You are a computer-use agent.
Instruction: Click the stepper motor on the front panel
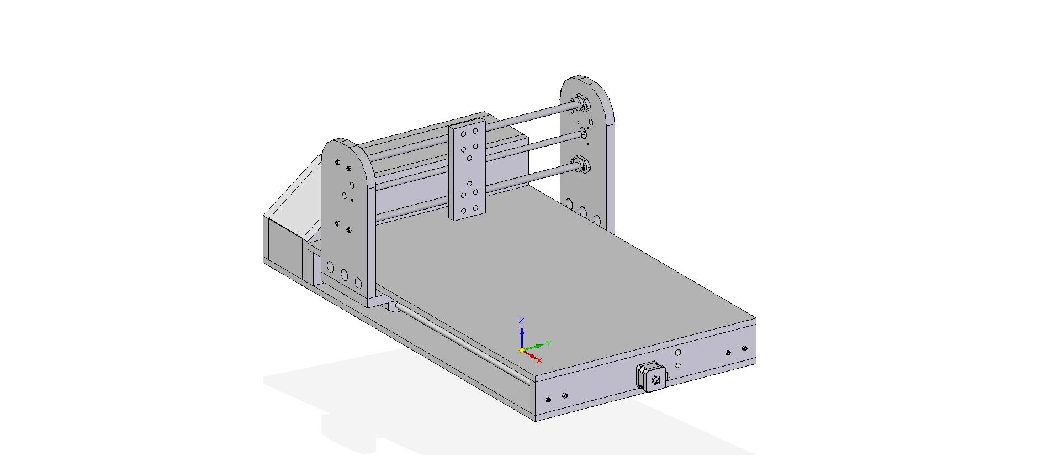click(652, 377)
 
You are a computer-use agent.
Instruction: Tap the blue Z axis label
click(521, 321)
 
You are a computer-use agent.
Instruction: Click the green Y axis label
click(548, 343)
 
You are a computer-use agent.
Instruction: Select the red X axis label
click(539, 360)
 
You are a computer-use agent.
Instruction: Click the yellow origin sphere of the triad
click(522, 351)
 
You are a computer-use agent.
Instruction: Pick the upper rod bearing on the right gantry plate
click(580, 102)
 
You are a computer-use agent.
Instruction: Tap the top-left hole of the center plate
click(463, 133)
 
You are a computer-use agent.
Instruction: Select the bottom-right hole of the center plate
click(475, 208)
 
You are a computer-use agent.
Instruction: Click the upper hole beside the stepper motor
click(678, 352)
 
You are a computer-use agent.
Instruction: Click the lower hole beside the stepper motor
click(678, 365)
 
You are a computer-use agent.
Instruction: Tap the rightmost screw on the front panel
click(744, 348)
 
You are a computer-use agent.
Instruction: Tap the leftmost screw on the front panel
click(548, 399)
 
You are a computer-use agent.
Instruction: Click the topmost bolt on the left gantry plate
click(337, 162)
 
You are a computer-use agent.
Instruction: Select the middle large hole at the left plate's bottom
click(344, 275)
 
